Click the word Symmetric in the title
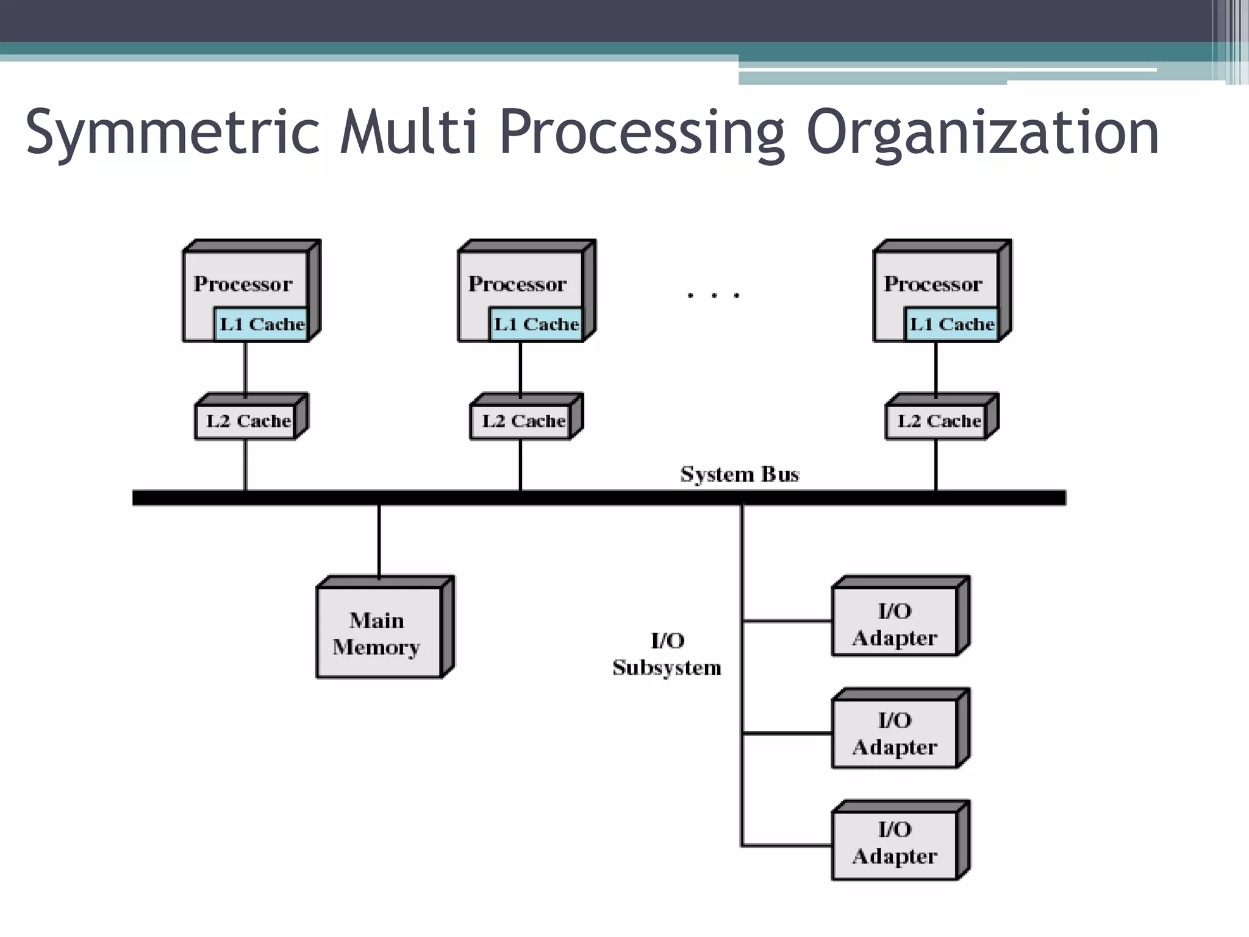(173, 132)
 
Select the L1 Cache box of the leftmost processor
(261, 324)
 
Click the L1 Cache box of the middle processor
(535, 324)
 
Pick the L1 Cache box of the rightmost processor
(951, 324)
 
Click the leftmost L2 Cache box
(247, 421)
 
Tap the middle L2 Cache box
(523, 421)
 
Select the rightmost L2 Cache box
(938, 421)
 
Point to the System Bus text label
(739, 474)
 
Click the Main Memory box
(378, 633)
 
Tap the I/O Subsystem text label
(667, 654)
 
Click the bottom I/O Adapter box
(895, 843)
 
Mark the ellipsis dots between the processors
(713, 296)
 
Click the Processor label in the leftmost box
(243, 284)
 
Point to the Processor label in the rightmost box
(933, 284)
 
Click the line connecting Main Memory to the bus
(379, 540)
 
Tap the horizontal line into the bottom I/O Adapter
(787, 845)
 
